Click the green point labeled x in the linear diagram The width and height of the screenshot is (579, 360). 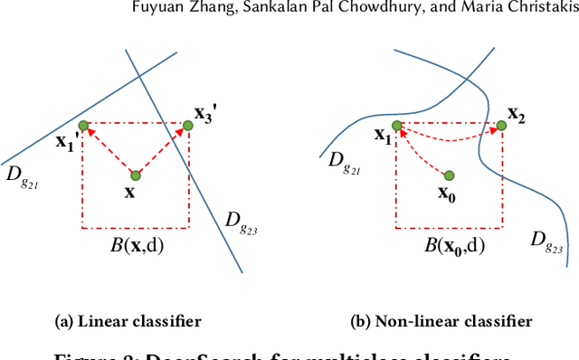[135, 175]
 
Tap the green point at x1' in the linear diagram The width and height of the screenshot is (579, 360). [83, 125]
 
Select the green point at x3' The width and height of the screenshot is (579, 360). [189, 126]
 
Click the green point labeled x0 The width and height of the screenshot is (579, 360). [450, 175]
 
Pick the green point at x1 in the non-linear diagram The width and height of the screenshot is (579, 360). [396, 126]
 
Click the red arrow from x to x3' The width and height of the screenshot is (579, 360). [163, 149]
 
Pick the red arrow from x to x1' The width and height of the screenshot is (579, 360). [109, 150]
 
